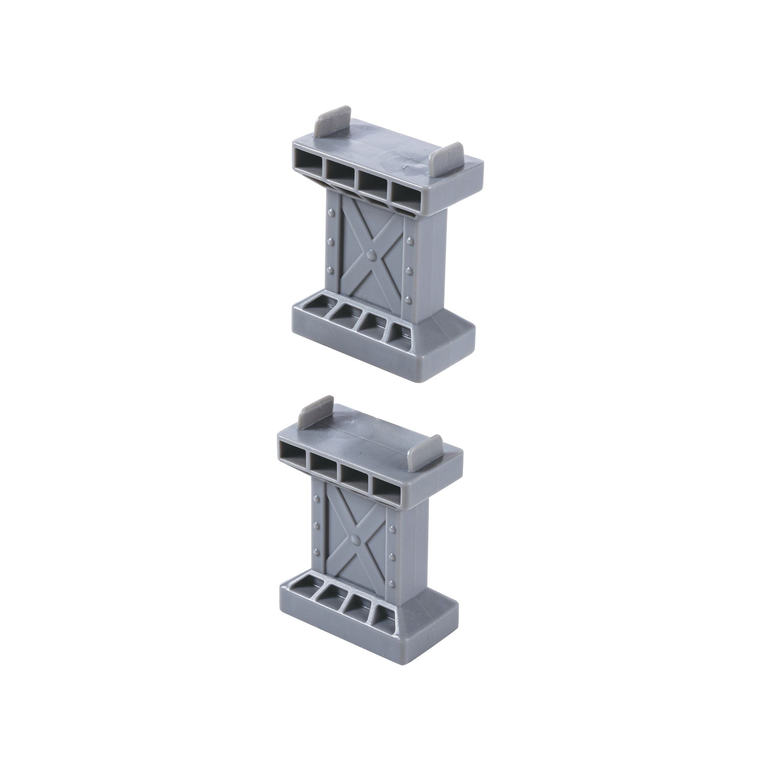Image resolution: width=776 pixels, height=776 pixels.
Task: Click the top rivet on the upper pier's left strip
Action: pyautogui.click(x=332, y=211)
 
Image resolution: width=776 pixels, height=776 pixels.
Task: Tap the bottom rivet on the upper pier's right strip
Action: pyautogui.click(x=408, y=299)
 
